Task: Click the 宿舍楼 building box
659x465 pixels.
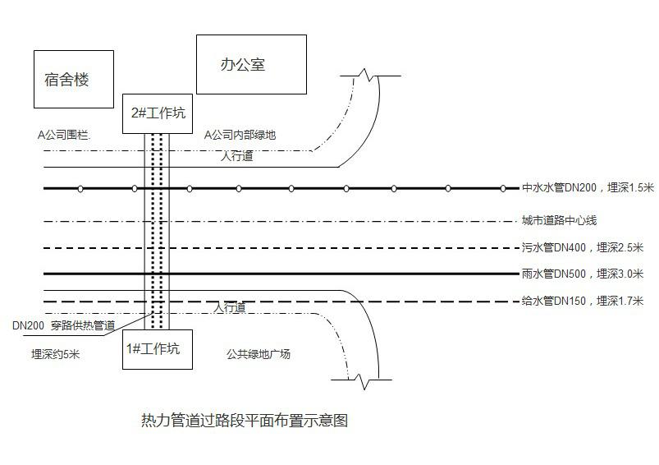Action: tap(73, 80)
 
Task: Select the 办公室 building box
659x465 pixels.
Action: tap(251, 64)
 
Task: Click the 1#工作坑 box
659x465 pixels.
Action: tap(157, 349)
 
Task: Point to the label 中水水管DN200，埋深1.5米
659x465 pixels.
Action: tap(587, 188)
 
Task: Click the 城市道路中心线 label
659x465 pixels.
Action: tap(559, 221)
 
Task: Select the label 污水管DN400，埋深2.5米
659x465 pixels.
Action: tap(587, 247)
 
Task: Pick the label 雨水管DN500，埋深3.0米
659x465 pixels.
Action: tap(587, 274)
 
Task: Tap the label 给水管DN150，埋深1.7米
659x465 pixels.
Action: tap(587, 302)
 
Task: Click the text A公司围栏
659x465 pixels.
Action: tap(64, 134)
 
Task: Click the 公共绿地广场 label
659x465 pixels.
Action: tap(259, 354)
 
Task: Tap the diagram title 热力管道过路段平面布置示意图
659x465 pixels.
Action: tap(245, 421)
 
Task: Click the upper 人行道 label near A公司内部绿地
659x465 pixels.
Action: tap(237, 155)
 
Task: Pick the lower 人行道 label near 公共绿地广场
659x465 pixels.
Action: tap(230, 308)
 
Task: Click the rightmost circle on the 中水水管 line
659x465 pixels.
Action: tap(503, 189)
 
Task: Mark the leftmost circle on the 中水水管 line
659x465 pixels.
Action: tap(80, 189)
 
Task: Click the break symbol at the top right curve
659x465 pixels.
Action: tap(365, 76)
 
